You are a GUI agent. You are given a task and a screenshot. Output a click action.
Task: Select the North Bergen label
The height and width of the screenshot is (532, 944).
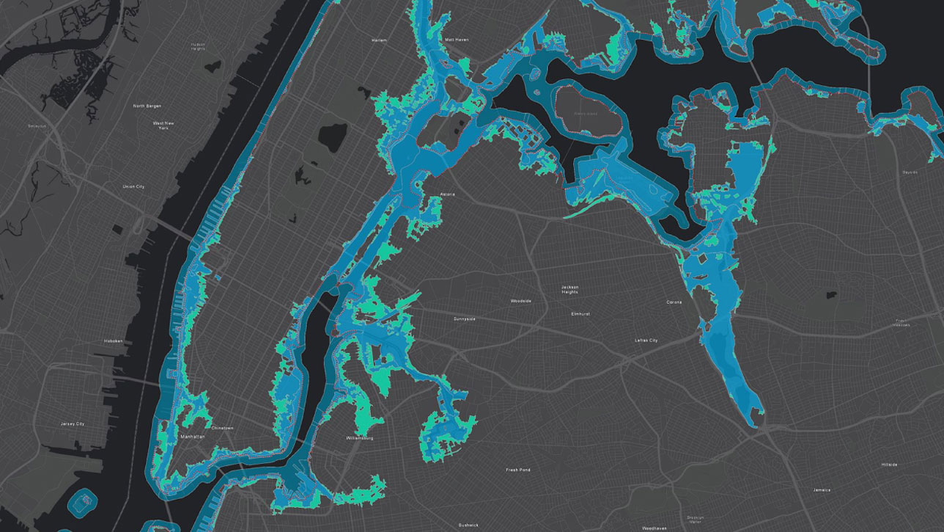(x=147, y=106)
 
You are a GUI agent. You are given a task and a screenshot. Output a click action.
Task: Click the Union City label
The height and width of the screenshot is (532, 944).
(x=133, y=186)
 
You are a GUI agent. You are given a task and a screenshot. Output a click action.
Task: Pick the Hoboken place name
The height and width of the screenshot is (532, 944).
(x=113, y=340)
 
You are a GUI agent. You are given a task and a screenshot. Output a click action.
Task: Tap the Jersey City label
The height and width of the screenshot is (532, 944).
(x=73, y=423)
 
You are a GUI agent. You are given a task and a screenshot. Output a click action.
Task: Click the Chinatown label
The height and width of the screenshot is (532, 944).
(x=222, y=427)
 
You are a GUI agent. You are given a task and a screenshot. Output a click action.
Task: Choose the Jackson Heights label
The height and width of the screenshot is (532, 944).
(x=569, y=289)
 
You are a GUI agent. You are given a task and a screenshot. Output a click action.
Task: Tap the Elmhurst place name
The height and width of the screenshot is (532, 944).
(x=580, y=313)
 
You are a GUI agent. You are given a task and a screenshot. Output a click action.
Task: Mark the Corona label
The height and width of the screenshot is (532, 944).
(x=674, y=302)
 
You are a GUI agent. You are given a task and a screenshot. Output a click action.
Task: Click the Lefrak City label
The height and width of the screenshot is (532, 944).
(x=646, y=340)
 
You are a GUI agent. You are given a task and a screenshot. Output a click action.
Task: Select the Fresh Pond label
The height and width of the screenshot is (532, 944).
(x=518, y=470)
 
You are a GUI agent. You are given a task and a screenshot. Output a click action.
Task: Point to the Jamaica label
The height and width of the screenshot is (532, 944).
(x=821, y=489)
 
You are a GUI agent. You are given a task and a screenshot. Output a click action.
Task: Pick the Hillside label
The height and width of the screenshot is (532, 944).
(x=890, y=464)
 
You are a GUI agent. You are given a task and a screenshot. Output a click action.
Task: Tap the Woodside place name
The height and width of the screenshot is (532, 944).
(x=521, y=301)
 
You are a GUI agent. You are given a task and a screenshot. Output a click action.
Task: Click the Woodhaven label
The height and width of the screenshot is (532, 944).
(x=654, y=528)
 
